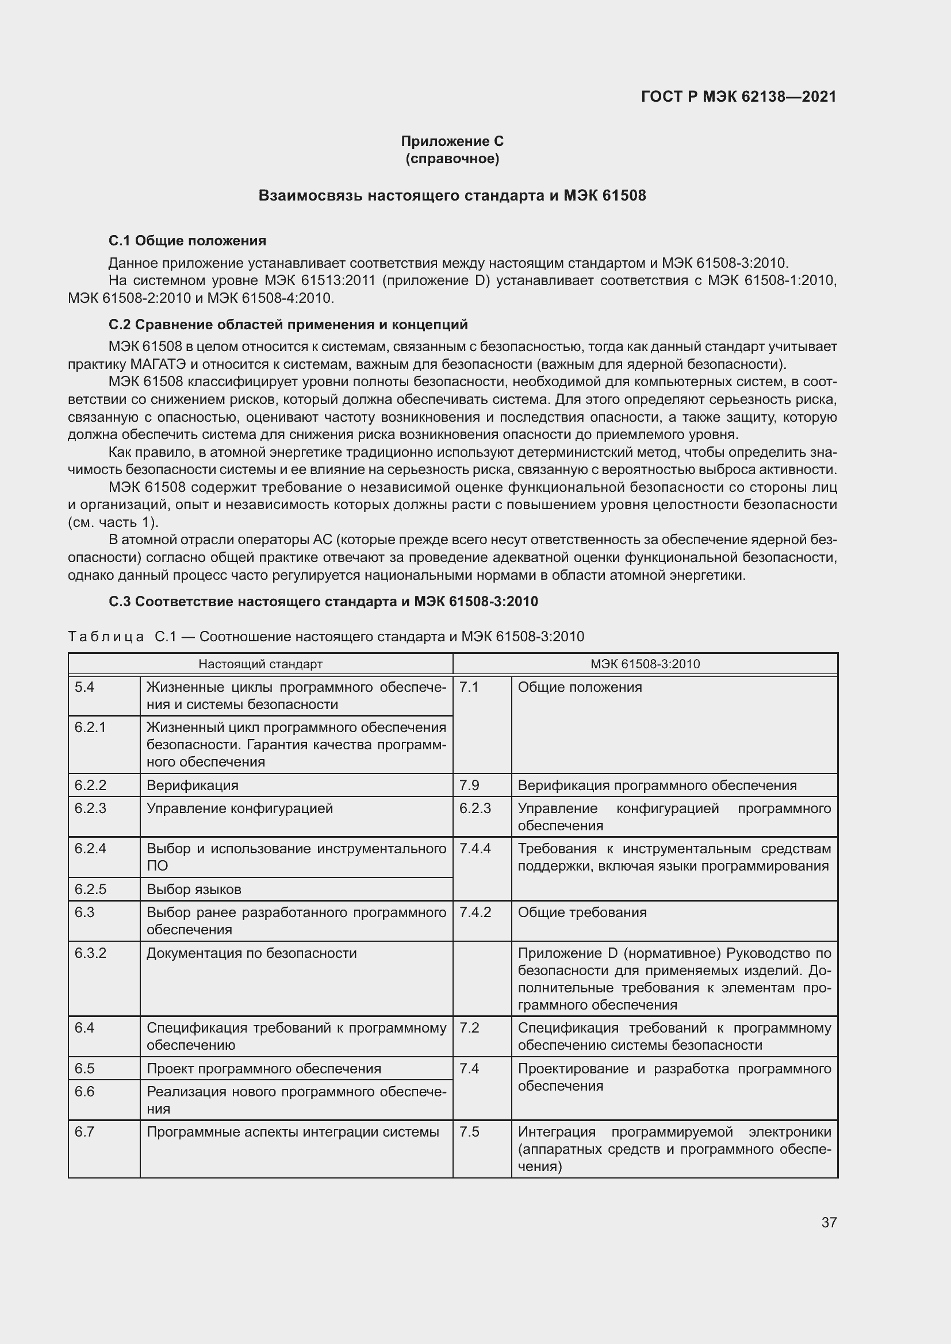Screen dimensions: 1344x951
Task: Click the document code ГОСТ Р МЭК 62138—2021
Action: click(x=738, y=97)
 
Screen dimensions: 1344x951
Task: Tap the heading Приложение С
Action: click(x=452, y=141)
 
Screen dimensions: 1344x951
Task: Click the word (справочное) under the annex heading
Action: click(x=452, y=159)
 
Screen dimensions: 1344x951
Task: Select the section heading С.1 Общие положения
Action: click(x=187, y=241)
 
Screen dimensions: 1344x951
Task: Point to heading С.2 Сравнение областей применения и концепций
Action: click(x=288, y=324)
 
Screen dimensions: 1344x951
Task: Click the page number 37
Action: click(x=829, y=1223)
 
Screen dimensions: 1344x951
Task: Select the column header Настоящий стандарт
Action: click(x=260, y=664)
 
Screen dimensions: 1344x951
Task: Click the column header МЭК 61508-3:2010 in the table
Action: click(x=645, y=664)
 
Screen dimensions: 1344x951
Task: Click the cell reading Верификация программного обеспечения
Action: click(x=657, y=785)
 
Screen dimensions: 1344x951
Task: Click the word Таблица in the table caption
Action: click(x=106, y=637)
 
